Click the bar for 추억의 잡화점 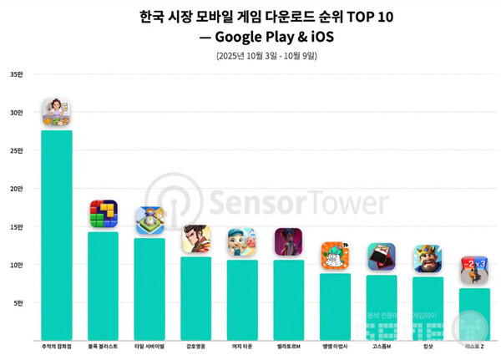(57, 234)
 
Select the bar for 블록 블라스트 (103, 285)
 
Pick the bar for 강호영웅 (196, 297)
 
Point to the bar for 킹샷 (428, 307)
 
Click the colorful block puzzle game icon (104, 215)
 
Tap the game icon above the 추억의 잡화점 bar (57, 113)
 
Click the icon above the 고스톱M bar (381, 257)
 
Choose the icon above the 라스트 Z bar (474, 271)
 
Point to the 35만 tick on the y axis (16, 75)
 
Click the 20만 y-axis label (16, 189)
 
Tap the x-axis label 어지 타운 (242, 345)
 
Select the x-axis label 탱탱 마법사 (335, 345)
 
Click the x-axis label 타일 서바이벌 (149, 345)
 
